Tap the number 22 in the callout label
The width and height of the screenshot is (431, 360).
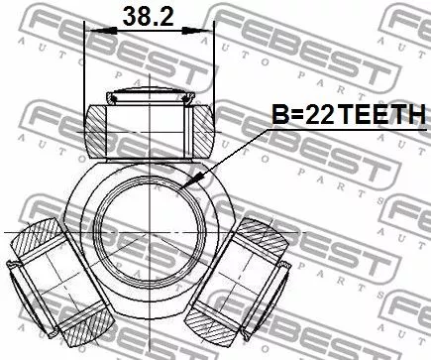[x=317, y=116]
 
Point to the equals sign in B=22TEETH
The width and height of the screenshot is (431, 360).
[x=294, y=117]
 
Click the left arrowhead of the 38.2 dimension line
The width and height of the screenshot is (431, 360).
[x=94, y=31]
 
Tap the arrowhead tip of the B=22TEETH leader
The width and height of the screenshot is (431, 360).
[x=188, y=187]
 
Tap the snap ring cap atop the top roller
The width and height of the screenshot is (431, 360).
[x=151, y=97]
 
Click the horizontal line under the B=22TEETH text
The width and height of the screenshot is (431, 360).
[x=327, y=131]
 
